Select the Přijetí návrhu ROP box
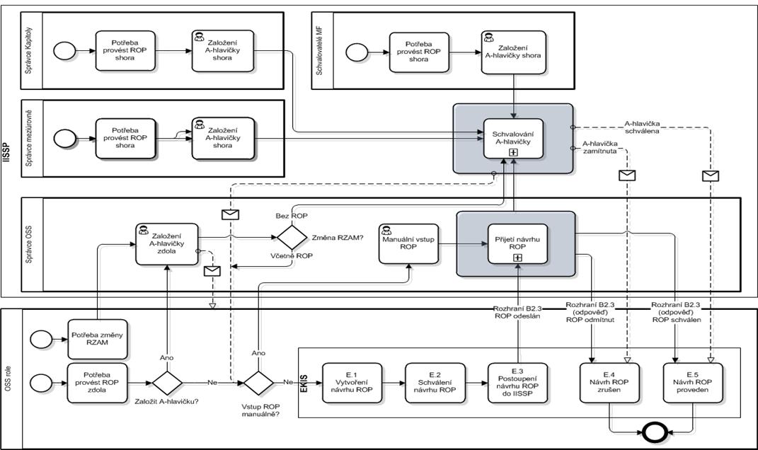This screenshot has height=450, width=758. [x=517, y=244]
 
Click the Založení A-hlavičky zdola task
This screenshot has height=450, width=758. [x=166, y=243]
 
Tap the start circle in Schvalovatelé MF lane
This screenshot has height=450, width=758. [x=356, y=51]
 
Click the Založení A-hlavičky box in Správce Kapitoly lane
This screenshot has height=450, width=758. [x=219, y=50]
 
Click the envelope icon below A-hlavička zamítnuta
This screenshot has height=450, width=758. [x=627, y=175]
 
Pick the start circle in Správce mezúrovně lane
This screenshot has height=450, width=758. [x=64, y=137]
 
